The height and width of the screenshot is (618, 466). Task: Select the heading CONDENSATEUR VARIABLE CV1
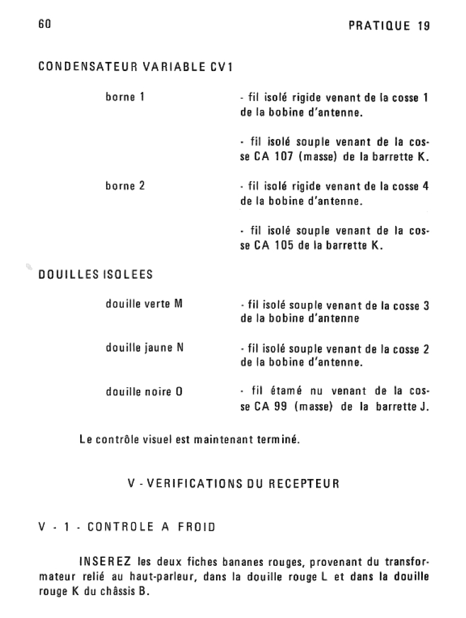point(135,67)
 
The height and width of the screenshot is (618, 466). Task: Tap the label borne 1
point(125,97)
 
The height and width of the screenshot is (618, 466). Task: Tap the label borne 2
point(125,186)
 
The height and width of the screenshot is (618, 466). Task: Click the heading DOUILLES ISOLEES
point(95,274)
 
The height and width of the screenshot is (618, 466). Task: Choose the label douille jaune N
point(144,348)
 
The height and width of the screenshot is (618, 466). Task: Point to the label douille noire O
point(144,392)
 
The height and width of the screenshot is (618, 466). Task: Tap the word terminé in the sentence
point(280,439)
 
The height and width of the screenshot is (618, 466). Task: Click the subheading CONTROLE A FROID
point(152,527)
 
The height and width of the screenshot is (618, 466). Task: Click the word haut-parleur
point(167,577)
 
